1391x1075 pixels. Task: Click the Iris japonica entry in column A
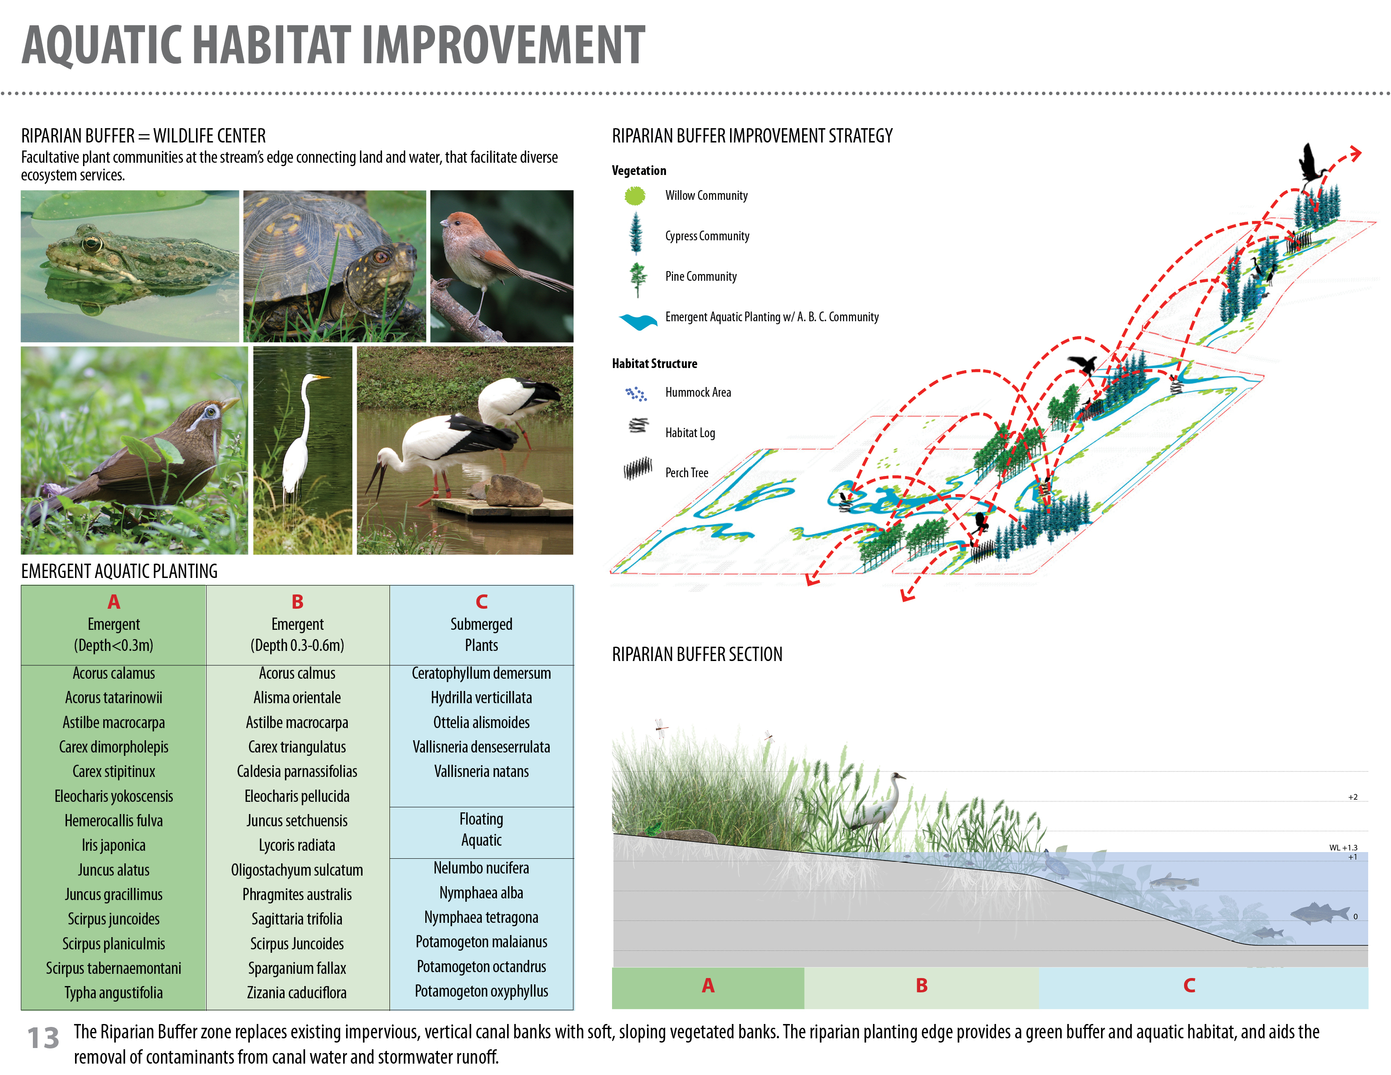click(x=113, y=845)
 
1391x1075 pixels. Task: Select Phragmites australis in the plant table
click(x=297, y=894)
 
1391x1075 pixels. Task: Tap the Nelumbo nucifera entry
click(x=481, y=868)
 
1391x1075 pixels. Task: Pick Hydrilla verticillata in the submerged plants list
click(x=481, y=697)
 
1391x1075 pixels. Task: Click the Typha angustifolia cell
click(x=113, y=993)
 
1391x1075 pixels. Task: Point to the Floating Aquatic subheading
click(x=481, y=829)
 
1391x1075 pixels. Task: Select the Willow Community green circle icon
click(x=635, y=196)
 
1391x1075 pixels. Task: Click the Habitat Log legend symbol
click(x=638, y=425)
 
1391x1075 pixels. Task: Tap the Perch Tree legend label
click(x=687, y=473)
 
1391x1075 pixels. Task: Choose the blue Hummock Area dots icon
click(x=636, y=394)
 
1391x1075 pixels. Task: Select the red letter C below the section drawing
click(x=1189, y=985)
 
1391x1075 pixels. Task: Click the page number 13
click(x=43, y=1038)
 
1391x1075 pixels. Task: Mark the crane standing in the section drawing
click(x=876, y=806)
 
